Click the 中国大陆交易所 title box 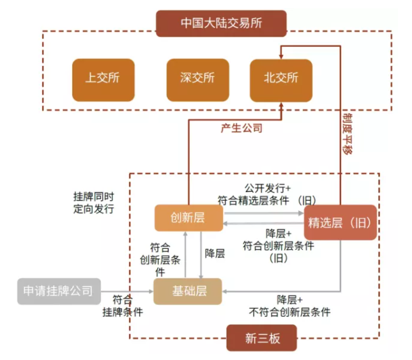tap(221, 24)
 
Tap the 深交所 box tap(197, 79)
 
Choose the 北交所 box tap(280, 79)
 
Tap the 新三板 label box tap(262, 338)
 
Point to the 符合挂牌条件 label tap(123, 306)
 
